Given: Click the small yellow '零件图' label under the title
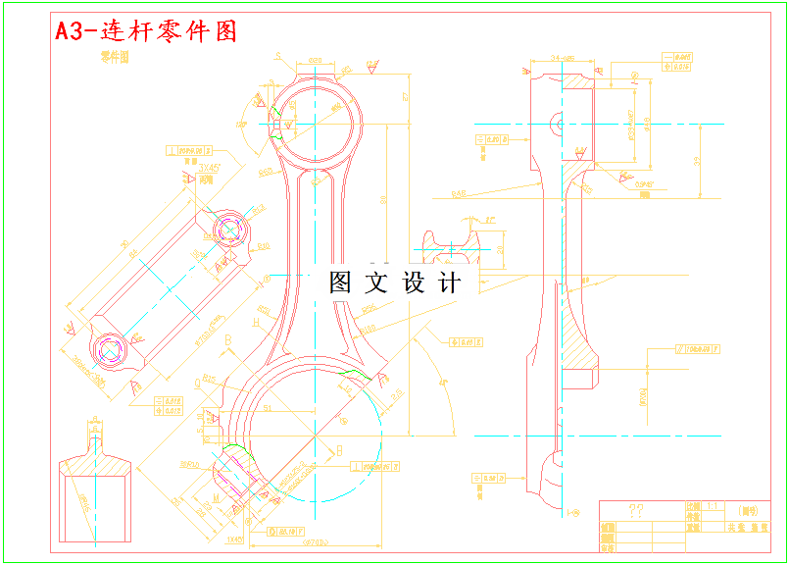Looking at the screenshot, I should coord(115,58).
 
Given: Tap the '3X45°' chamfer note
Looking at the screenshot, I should coord(209,168).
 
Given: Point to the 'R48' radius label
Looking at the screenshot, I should coord(458,194).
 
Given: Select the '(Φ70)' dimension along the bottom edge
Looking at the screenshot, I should coord(314,541).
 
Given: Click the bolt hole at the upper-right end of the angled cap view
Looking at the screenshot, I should coord(231,230).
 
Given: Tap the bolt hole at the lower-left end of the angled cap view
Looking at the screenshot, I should coord(107,348).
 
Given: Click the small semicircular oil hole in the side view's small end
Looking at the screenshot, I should coord(557,125).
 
